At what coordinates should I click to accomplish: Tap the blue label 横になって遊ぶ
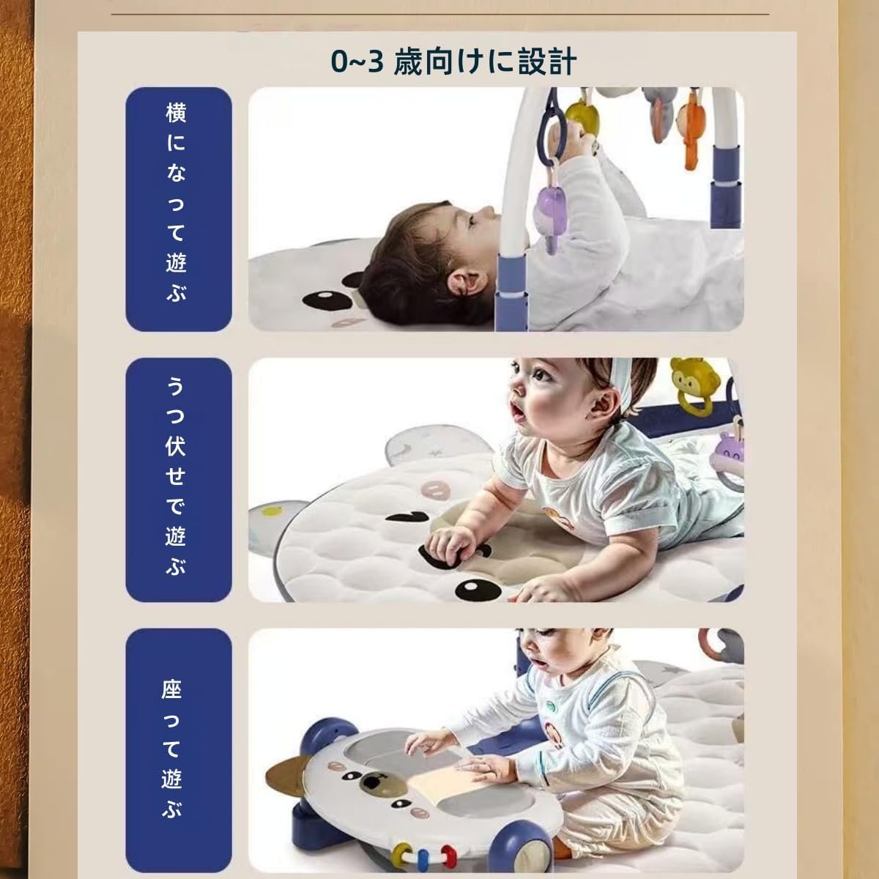click(x=178, y=209)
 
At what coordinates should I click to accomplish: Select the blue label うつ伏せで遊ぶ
click(x=178, y=480)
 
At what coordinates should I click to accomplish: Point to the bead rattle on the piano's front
click(x=423, y=851)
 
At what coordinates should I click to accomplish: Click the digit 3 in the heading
click(x=376, y=62)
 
